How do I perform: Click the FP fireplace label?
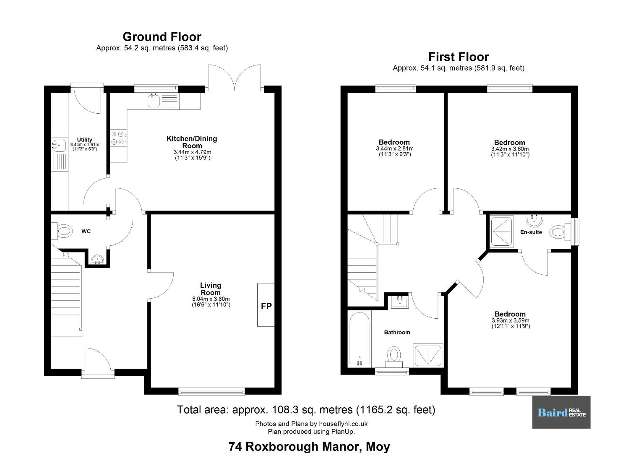tap(266, 306)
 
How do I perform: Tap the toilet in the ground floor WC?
tap(62, 231)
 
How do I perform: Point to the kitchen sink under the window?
tap(154, 101)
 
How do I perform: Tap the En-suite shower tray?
tap(502, 232)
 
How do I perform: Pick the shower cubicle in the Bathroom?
tap(428, 356)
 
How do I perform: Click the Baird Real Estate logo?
tap(561, 412)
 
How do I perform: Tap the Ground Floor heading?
tap(162, 37)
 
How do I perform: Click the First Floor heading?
tap(459, 57)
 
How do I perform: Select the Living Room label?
tap(211, 289)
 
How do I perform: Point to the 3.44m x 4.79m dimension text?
tap(192, 152)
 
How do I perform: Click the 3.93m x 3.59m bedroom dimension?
tap(511, 320)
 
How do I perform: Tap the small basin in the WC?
tap(97, 260)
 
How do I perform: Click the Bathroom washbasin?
tap(400, 302)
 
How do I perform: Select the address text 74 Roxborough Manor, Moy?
tap(309, 447)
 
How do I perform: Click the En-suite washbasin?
tap(534, 220)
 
